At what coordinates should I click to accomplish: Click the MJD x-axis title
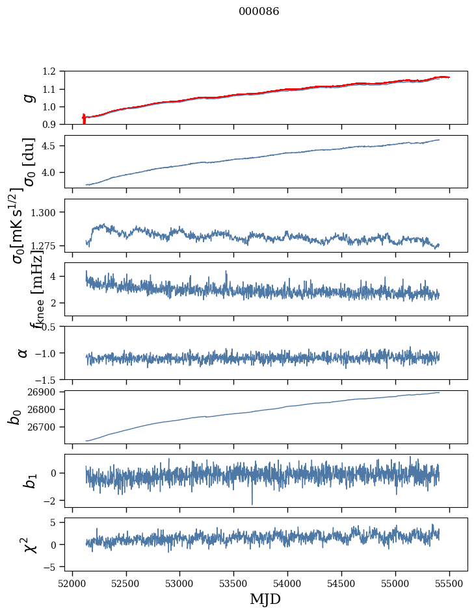tap(265, 599)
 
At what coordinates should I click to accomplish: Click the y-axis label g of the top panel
tap(27, 97)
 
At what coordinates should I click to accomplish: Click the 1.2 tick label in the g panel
tap(51, 71)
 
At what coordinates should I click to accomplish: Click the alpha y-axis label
tap(23, 353)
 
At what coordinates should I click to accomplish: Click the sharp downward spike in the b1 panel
tap(252, 503)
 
